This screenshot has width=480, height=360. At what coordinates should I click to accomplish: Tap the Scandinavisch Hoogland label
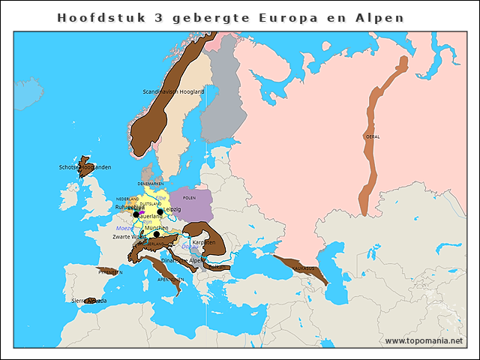(x=172, y=91)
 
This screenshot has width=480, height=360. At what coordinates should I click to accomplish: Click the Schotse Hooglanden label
(x=85, y=166)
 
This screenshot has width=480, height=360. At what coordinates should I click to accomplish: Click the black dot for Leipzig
(x=160, y=212)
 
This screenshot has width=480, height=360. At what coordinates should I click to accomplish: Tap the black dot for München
(x=156, y=234)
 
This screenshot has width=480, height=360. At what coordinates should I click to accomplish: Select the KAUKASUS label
(x=302, y=268)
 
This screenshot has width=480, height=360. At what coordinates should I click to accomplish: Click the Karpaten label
(x=204, y=242)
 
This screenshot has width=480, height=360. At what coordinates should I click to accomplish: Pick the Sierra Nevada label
(x=88, y=300)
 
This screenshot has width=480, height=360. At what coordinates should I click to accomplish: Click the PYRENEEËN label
(x=109, y=272)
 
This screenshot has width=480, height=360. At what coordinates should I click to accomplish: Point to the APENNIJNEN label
(x=169, y=279)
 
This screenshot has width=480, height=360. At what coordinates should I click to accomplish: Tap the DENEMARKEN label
(x=150, y=184)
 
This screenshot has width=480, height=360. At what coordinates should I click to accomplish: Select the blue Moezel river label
(x=124, y=228)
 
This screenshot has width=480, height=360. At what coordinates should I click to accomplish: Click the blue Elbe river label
(x=160, y=197)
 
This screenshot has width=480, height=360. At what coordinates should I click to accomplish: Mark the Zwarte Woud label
(x=129, y=236)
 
